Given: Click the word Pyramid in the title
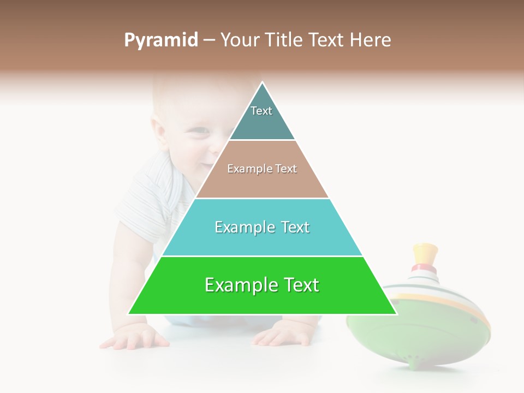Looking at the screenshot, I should [160, 40].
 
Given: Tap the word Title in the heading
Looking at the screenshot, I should [283, 40].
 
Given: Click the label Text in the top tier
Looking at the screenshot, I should [261, 111].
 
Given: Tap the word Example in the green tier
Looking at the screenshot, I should [238, 285].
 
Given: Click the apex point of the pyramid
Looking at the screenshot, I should [262, 83].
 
